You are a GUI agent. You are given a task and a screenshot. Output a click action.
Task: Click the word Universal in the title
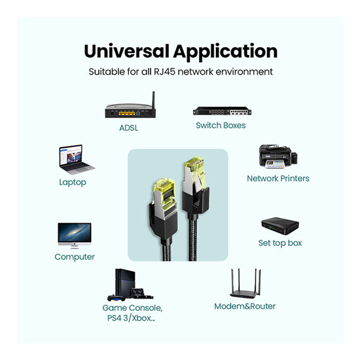tap(127, 51)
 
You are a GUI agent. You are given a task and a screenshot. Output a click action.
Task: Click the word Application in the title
tap(225, 52)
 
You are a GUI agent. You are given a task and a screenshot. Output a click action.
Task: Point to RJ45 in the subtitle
tap(164, 71)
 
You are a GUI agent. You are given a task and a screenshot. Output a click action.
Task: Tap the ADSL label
tap(128, 128)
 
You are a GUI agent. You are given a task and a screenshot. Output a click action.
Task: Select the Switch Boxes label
tap(221, 126)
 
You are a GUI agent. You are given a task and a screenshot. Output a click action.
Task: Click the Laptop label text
tap(73, 183)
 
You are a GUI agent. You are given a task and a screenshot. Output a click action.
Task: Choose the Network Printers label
tap(278, 179)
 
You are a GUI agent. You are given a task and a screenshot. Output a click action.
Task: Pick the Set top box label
tap(280, 243)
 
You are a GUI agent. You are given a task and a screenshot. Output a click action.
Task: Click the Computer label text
tap(75, 257)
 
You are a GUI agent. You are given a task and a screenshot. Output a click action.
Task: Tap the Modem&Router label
tap(245, 306)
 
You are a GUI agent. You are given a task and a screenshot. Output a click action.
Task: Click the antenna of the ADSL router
tap(153, 101)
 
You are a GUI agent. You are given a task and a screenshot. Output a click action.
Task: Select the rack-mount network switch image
tap(222, 111)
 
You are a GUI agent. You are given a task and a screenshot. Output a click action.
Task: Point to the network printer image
tap(278, 156)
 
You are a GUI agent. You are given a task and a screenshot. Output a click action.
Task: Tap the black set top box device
tap(280, 226)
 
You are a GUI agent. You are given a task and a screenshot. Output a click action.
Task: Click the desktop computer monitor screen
tap(75, 232)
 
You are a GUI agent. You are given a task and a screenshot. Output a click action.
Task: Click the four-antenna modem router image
tap(245, 283)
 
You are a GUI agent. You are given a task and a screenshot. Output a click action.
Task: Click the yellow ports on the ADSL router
tap(127, 113)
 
